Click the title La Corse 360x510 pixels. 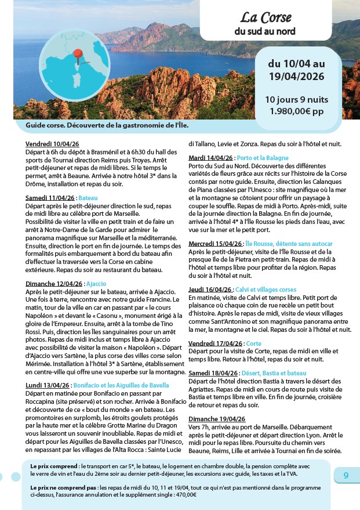point(266,17)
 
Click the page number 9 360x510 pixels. point(346,475)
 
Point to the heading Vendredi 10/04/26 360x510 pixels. point(52,144)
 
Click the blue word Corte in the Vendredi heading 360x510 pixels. point(254,343)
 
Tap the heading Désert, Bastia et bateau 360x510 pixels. point(272,373)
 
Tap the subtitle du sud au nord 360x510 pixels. point(265,31)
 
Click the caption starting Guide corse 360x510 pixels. point(107,125)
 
